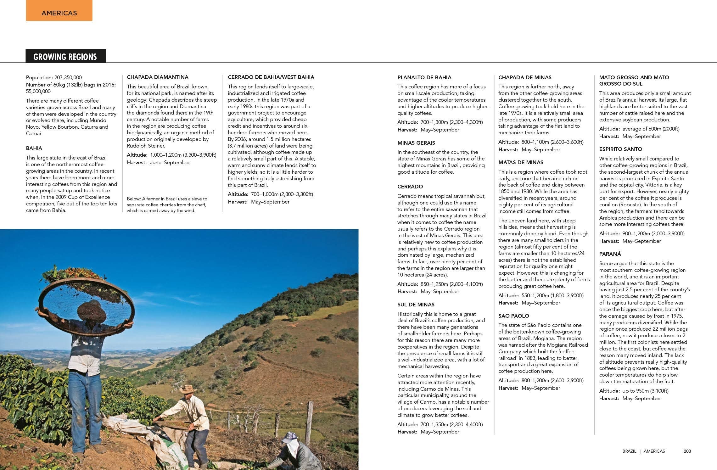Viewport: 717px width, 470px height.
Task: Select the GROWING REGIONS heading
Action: tap(65, 57)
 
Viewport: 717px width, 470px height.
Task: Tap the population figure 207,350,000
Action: tap(68, 77)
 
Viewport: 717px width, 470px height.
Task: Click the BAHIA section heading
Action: tap(34, 148)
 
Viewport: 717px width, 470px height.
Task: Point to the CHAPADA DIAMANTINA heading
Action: tap(158, 77)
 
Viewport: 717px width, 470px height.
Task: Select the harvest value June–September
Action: tap(170, 162)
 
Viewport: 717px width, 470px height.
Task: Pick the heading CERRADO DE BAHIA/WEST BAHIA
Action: tap(271, 77)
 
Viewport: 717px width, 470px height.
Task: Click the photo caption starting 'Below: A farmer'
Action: tap(167, 204)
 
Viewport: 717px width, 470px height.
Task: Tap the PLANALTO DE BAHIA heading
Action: tap(424, 77)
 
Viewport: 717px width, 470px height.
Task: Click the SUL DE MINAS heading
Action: tap(416, 305)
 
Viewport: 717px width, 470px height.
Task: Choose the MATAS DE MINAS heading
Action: tap(521, 162)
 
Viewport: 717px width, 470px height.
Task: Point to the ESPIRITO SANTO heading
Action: tap(620, 149)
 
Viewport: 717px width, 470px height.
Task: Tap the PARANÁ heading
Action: tap(610, 254)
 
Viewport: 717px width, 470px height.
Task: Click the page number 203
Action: tap(687, 451)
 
